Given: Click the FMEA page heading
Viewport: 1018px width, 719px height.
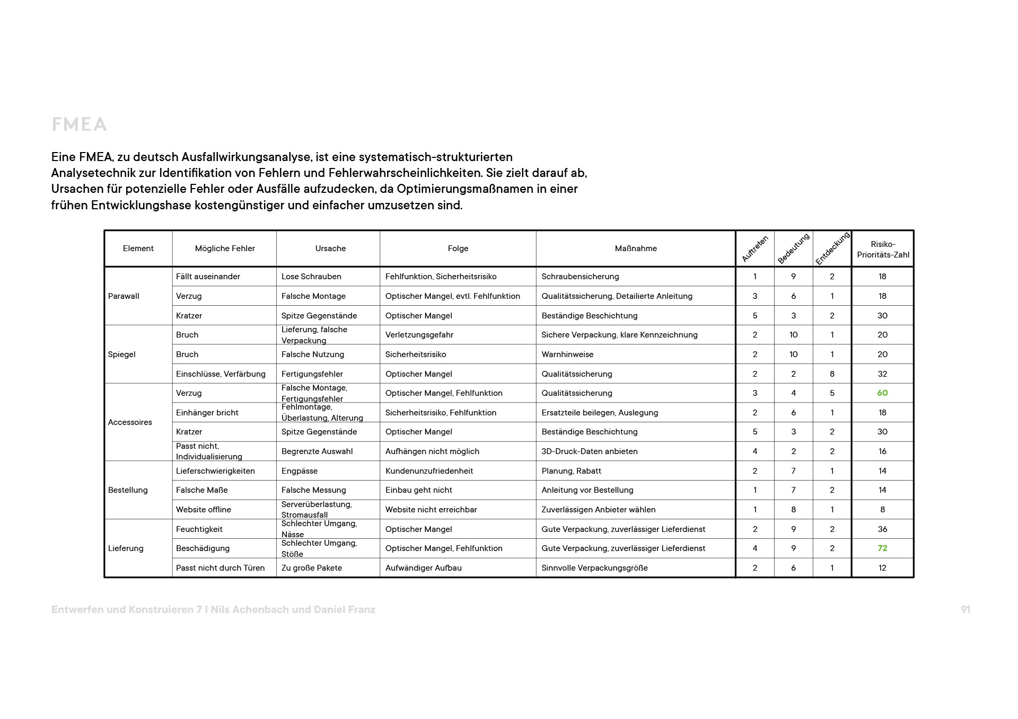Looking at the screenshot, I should point(79,125).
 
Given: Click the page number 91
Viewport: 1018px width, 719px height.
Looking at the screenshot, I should point(965,609).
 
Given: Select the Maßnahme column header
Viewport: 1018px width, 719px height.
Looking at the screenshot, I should point(635,248).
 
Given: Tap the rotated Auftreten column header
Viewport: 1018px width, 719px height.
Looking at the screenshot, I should point(754,249).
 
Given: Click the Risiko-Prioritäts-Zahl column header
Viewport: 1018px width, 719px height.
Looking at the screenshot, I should point(883,249).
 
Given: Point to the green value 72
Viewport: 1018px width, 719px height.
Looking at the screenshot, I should point(882,548).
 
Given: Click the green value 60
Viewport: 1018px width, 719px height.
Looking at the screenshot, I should point(882,393).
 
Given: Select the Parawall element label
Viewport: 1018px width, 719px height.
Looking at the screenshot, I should point(124,296).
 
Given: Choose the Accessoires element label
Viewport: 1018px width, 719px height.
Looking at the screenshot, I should point(130,422).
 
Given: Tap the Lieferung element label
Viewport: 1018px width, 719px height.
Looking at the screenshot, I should point(126,548).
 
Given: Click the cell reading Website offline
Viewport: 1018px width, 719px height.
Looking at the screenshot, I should point(204,510).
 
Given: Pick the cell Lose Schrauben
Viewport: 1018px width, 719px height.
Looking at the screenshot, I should point(311,277).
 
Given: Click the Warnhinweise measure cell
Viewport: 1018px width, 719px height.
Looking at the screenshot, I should point(567,354).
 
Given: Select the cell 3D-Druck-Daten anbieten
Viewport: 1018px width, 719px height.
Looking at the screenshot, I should point(589,451).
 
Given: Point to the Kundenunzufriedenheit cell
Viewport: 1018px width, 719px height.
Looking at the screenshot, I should point(429,471).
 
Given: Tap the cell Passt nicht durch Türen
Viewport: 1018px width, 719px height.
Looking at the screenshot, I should point(220,568).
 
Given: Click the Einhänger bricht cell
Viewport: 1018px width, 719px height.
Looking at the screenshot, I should point(207,413).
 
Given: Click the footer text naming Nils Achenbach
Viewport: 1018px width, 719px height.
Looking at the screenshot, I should point(213,609).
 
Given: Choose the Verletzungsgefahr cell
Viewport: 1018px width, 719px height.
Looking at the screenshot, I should point(419,335).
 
